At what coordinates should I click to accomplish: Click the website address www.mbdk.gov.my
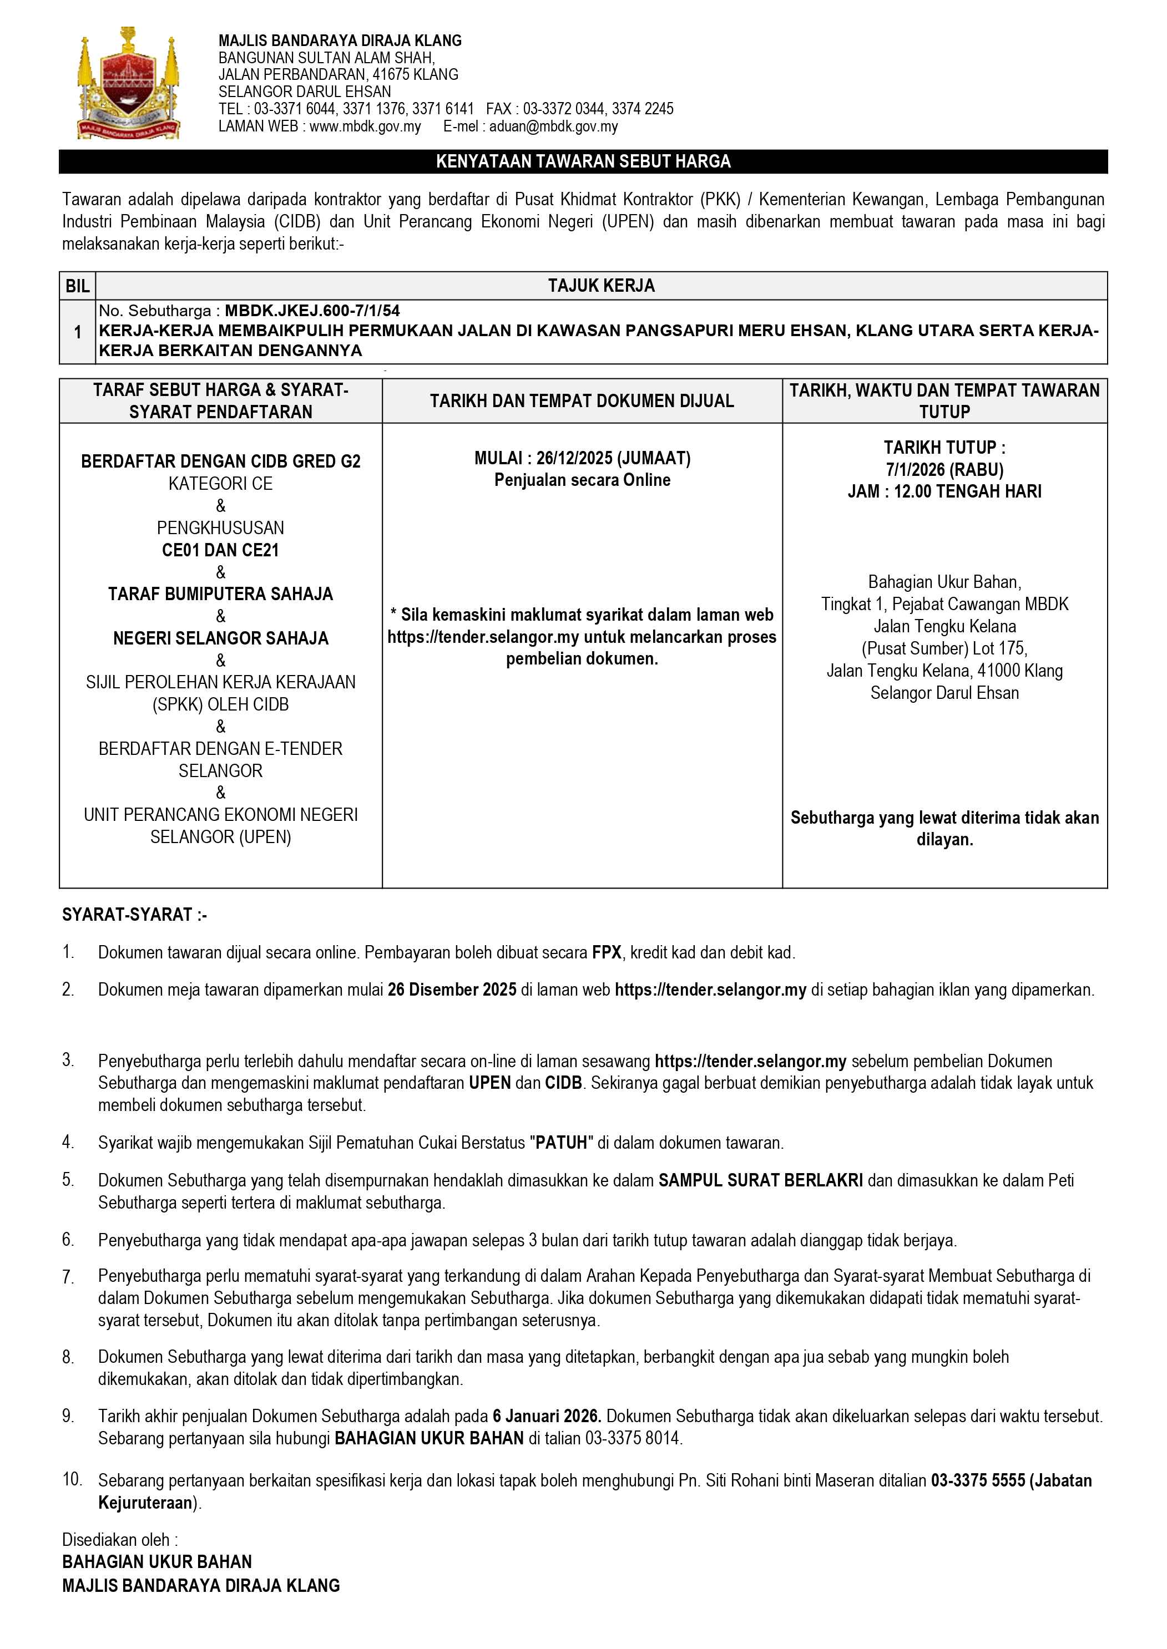point(365,126)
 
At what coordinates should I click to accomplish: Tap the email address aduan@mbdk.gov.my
point(553,126)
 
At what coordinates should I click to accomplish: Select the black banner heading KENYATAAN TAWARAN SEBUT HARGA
point(583,161)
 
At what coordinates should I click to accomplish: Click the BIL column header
point(78,286)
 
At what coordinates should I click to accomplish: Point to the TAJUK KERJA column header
point(601,286)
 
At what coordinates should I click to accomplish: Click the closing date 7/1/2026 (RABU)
point(944,470)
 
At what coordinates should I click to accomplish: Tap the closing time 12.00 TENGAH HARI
point(967,492)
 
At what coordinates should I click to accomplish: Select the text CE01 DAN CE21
point(221,550)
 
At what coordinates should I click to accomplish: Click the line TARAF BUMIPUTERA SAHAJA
point(221,594)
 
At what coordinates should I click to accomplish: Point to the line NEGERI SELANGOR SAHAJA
point(221,638)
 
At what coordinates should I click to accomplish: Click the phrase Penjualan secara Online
point(582,480)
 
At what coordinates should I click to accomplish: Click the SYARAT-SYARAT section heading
point(134,914)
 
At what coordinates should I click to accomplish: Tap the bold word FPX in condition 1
point(607,952)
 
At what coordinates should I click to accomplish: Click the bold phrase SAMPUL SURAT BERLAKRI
point(760,1180)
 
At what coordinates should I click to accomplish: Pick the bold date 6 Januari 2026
point(546,1415)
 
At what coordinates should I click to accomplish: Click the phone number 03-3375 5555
point(977,1480)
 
